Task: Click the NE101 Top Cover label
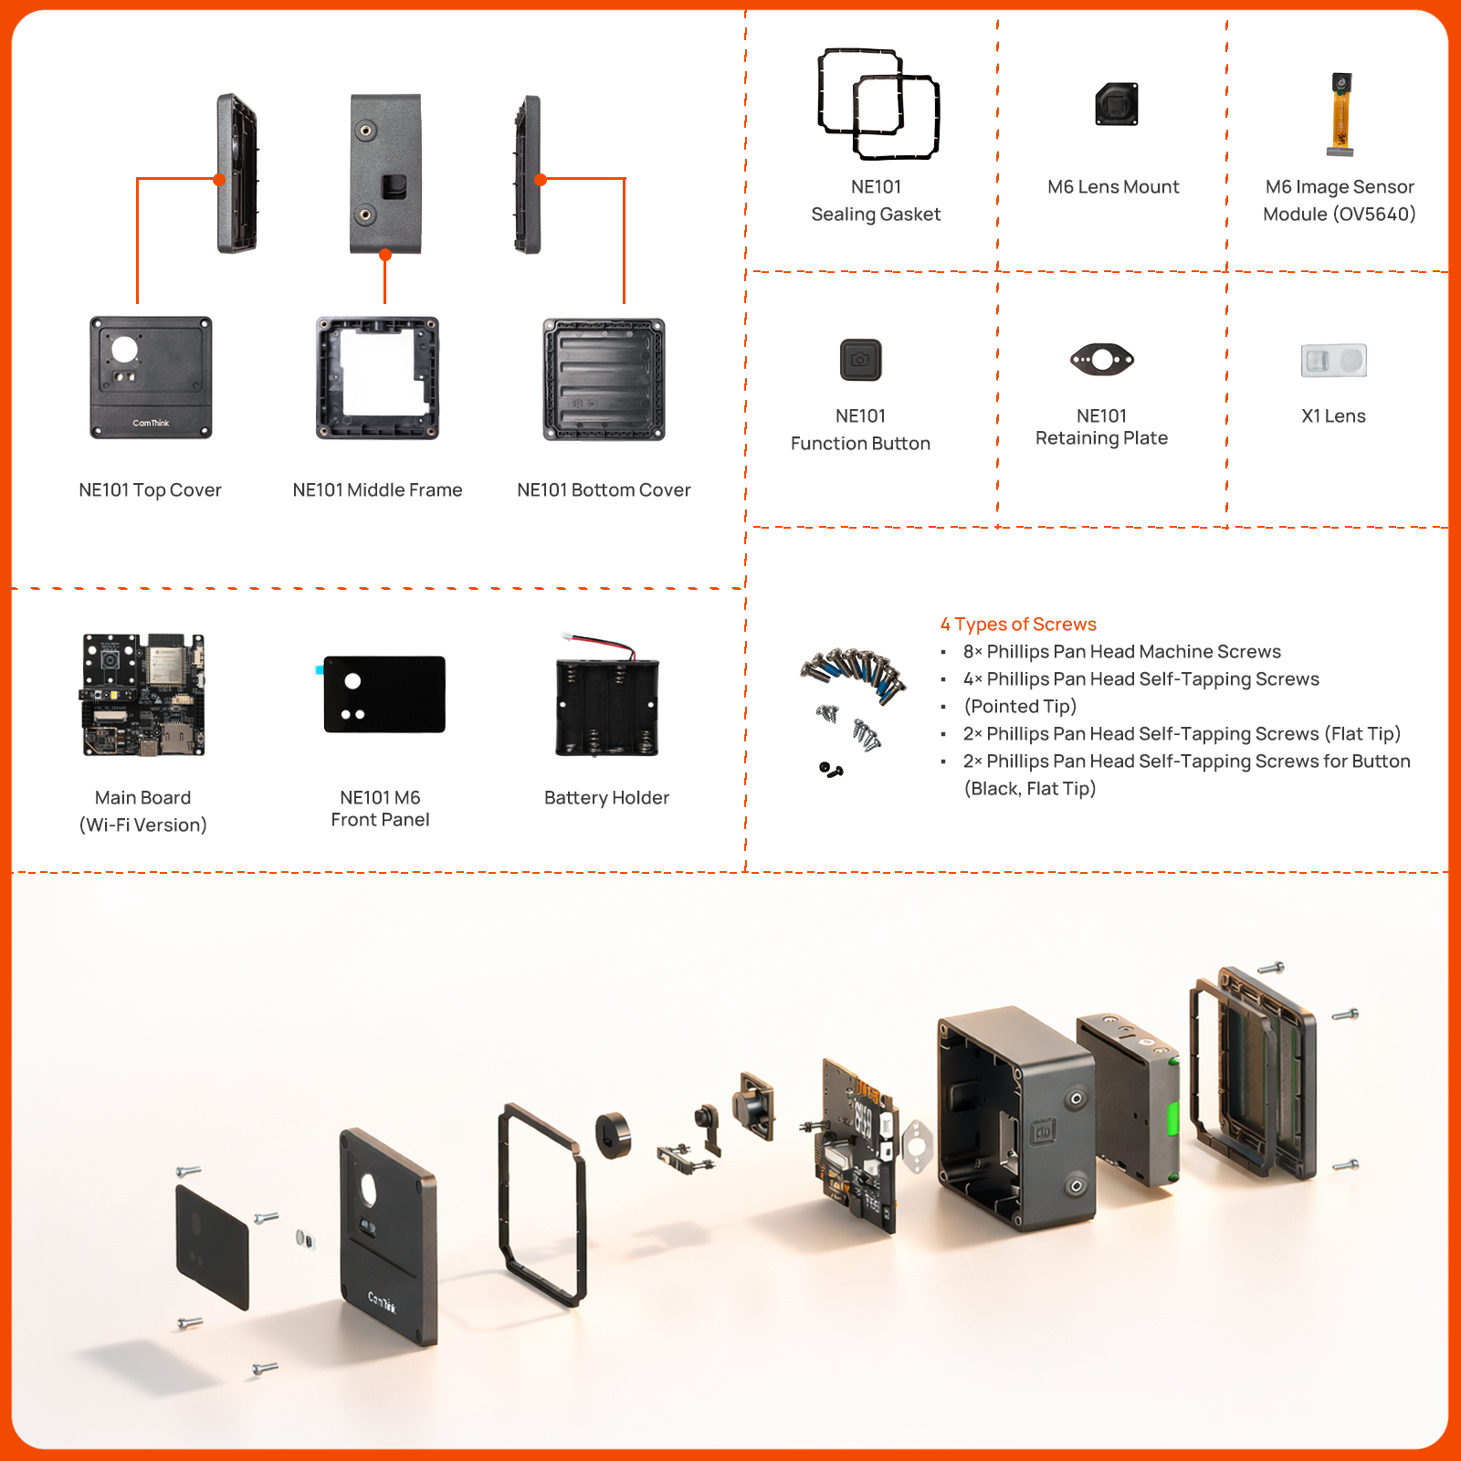click(x=150, y=490)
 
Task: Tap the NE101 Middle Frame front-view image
click(x=377, y=378)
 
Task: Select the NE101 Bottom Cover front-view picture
click(x=604, y=379)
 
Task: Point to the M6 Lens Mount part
click(x=1117, y=104)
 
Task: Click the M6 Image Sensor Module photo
click(x=1340, y=113)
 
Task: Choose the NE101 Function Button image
click(x=860, y=360)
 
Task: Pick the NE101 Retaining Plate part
click(x=1102, y=360)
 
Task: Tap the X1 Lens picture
click(x=1333, y=360)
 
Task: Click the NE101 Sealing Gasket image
click(x=878, y=103)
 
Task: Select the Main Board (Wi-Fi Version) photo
click(x=143, y=695)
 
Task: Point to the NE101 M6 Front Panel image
click(x=384, y=694)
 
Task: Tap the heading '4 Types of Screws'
click(x=1018, y=625)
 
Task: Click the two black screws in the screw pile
click(x=831, y=770)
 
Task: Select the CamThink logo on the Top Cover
click(x=151, y=423)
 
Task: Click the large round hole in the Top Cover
click(x=124, y=349)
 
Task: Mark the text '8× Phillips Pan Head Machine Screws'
click(x=1121, y=652)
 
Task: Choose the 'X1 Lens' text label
click(x=1333, y=416)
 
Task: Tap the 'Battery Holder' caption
click(x=606, y=798)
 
